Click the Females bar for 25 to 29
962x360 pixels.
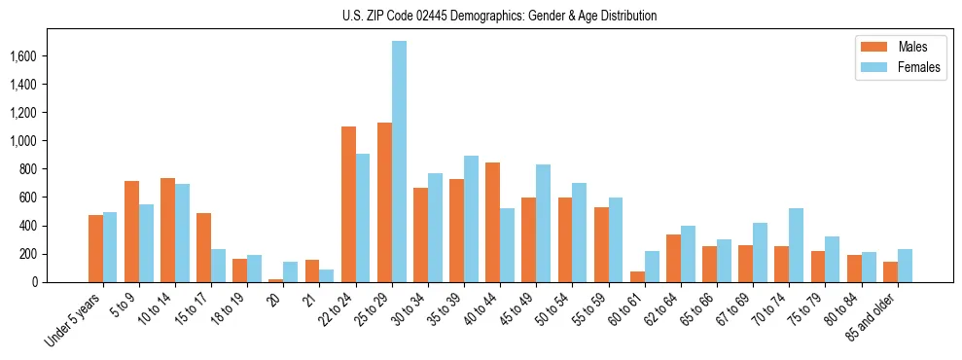click(399, 162)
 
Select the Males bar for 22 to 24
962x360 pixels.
click(348, 204)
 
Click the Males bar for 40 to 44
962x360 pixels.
click(492, 222)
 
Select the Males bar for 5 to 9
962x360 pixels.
click(131, 232)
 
